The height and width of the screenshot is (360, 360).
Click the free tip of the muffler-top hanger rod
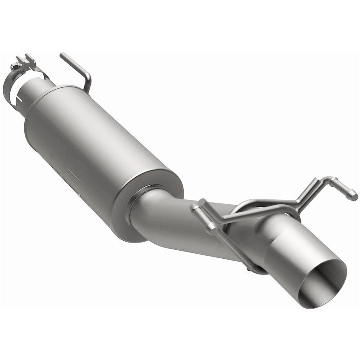pos(63,55)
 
